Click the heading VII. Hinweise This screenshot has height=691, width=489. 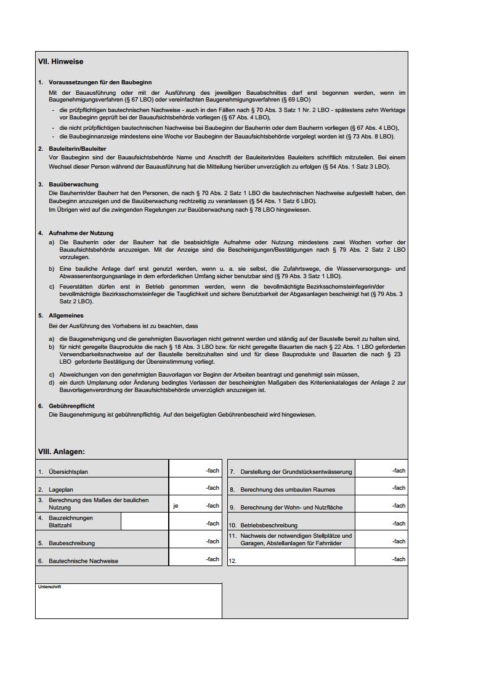point(60,62)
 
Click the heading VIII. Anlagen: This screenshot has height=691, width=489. point(62,452)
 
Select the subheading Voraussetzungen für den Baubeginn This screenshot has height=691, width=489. point(100,82)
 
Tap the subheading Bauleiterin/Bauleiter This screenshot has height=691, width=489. point(77,148)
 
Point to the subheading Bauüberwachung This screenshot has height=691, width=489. point(73,184)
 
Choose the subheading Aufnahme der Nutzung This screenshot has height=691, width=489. point(81,233)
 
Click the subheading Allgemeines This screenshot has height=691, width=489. point(66,316)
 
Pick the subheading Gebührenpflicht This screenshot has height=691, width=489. point(71,406)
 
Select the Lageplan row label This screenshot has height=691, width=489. point(61,490)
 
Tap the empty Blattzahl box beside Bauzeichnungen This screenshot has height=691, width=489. point(144,521)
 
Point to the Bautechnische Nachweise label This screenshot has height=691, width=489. point(83,561)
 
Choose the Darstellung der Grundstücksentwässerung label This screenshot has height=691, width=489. point(296,472)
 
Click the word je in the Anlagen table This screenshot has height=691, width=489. point(176,506)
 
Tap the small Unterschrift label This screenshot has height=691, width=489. point(49,587)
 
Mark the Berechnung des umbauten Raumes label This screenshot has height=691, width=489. point(288,490)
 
